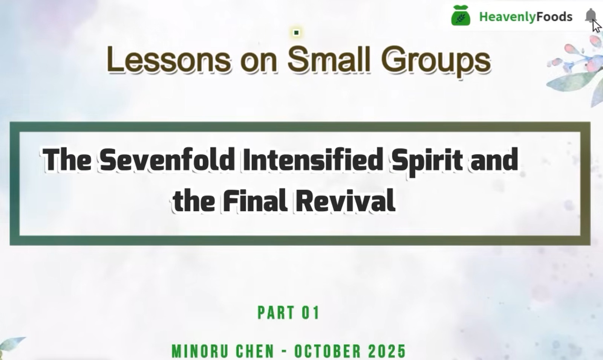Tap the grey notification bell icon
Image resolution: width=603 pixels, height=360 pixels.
[x=591, y=15]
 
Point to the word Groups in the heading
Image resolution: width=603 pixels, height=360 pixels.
[x=436, y=61]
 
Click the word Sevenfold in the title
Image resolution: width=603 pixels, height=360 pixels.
[x=167, y=160]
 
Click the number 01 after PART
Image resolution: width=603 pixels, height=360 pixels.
[x=311, y=313]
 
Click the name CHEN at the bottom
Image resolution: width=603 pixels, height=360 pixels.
[x=255, y=351]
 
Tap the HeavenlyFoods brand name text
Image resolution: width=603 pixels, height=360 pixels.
[x=526, y=17]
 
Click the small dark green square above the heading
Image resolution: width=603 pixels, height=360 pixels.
[x=296, y=32]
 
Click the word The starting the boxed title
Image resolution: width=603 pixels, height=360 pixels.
[x=67, y=160]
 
